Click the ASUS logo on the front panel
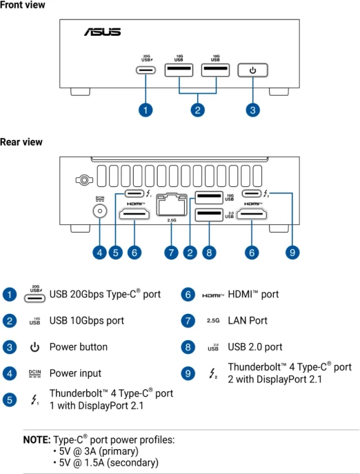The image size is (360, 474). click(103, 32)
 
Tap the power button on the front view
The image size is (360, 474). click(252, 70)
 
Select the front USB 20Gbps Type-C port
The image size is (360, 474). click(146, 70)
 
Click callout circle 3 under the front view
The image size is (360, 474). click(252, 110)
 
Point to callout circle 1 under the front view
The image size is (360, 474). click(146, 110)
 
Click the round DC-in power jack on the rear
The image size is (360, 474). click(100, 210)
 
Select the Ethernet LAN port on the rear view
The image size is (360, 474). click(172, 205)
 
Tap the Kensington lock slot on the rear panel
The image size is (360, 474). click(84, 180)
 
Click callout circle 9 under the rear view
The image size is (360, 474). click(292, 253)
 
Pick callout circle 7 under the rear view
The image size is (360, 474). click(172, 253)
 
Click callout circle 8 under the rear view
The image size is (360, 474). click(209, 253)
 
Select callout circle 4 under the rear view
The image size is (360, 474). click(100, 253)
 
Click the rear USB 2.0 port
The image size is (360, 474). click(209, 215)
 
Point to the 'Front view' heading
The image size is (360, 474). click(22, 5)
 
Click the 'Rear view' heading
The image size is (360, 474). click(21, 142)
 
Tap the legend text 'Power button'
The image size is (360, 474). click(79, 347)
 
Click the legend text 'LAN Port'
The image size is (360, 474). click(248, 320)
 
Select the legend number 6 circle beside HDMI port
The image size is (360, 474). click(188, 295)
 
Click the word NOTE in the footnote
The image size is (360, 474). click(37, 440)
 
